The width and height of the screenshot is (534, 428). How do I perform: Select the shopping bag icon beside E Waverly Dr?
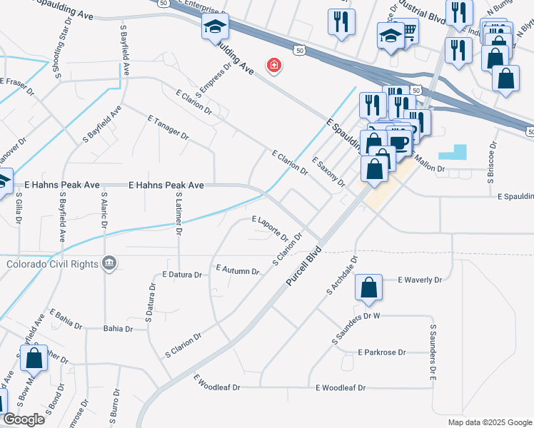point(369,288)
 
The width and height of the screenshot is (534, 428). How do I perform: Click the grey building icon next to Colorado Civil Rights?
point(108,264)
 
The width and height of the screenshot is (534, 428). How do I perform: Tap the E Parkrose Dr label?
point(382,352)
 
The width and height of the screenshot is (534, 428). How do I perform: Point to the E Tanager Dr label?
point(168,128)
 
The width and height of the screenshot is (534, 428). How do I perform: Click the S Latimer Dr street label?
point(179,213)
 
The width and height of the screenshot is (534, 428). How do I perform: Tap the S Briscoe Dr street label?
point(492,166)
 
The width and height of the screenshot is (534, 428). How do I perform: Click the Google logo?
point(24,419)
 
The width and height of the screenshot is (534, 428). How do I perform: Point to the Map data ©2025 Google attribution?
point(489,422)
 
